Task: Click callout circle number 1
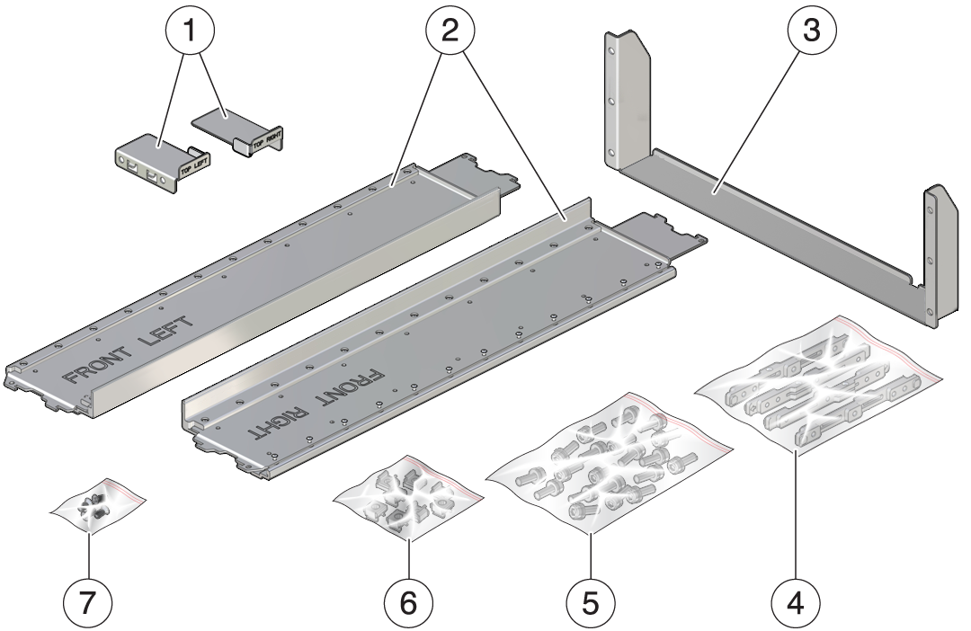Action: (190, 30)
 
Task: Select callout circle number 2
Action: (450, 30)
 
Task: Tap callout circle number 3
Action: (812, 30)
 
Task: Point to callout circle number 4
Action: (796, 601)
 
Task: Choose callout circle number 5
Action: (592, 601)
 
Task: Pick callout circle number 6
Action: (409, 601)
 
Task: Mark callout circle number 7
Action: (88, 601)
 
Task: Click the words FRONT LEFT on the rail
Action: (129, 351)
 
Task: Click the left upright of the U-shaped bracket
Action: (627, 99)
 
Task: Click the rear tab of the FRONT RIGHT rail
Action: (663, 237)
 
